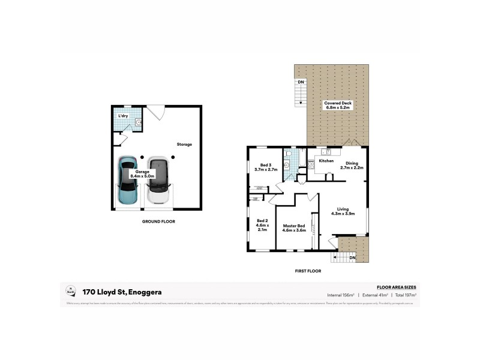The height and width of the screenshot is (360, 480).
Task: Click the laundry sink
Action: click(x=139, y=123)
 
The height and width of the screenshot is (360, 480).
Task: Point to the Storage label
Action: click(x=184, y=145)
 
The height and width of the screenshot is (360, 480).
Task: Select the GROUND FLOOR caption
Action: click(x=158, y=221)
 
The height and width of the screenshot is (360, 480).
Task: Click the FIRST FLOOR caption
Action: click(x=308, y=271)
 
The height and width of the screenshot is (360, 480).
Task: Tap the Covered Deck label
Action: click(x=338, y=105)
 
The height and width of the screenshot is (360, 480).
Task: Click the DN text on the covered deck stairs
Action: click(x=301, y=82)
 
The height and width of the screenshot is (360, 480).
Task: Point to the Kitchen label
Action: click(x=326, y=161)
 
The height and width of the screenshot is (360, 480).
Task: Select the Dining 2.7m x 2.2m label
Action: click(x=352, y=166)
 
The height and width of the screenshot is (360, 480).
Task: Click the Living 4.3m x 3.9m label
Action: click(x=343, y=211)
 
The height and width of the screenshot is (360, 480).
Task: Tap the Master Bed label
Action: click(x=295, y=228)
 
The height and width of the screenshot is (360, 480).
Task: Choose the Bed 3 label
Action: click(x=266, y=167)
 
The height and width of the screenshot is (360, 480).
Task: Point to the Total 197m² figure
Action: click(x=404, y=295)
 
